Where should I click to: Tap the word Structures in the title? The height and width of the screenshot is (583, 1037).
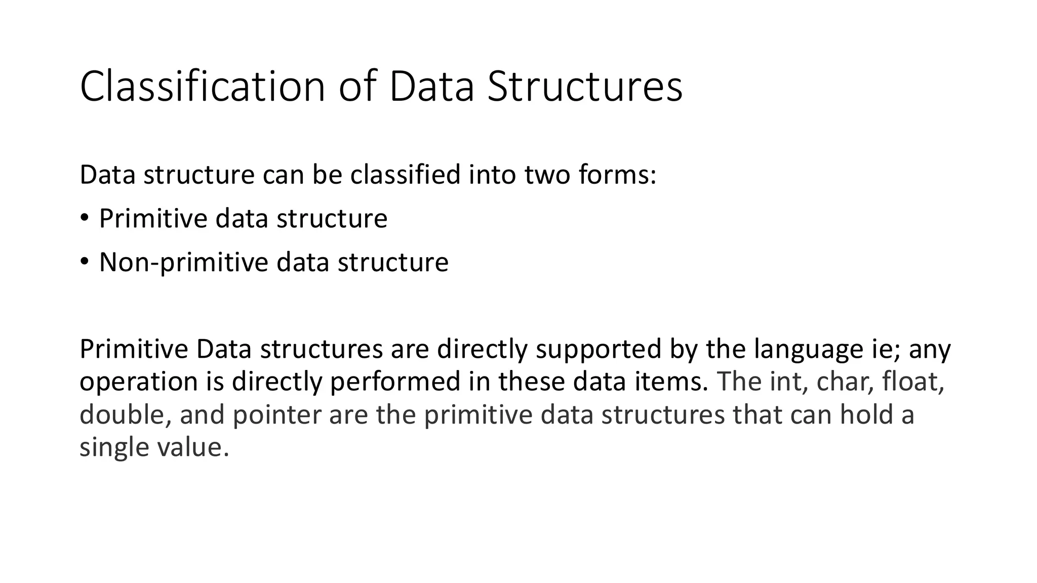[x=585, y=87]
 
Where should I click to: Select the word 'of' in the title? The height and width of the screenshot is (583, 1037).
[x=357, y=87]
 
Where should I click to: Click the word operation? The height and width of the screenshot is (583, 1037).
[x=138, y=382]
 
